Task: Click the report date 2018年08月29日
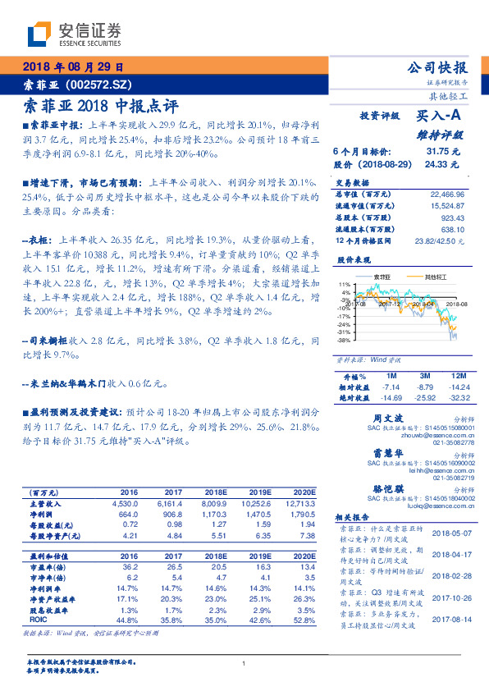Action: click(71, 67)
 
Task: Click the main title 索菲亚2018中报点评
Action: click(98, 106)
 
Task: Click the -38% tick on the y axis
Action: click(345, 339)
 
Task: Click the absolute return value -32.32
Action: click(459, 397)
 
